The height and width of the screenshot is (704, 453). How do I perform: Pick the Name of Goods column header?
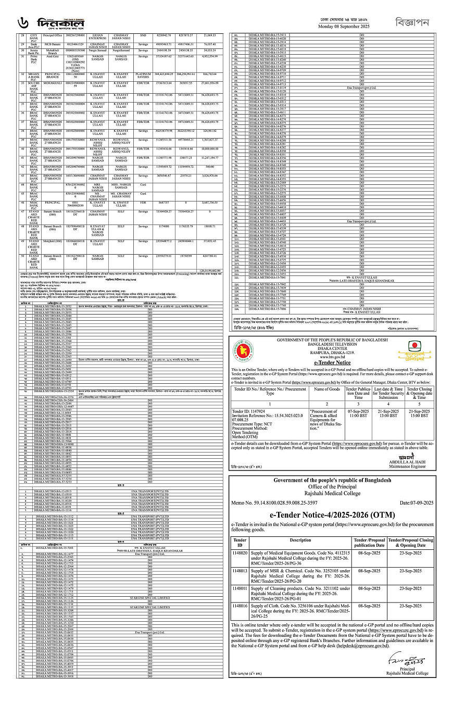[326, 389]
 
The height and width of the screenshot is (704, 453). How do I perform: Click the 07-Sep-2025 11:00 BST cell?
[358, 414]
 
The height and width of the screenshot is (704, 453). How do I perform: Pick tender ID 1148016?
[240, 606]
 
